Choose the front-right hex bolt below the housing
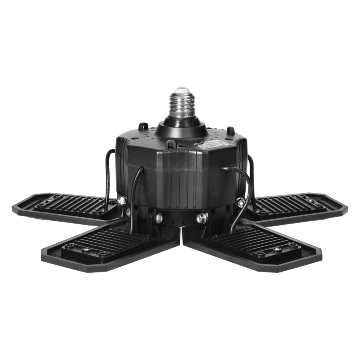tap(202, 218)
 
